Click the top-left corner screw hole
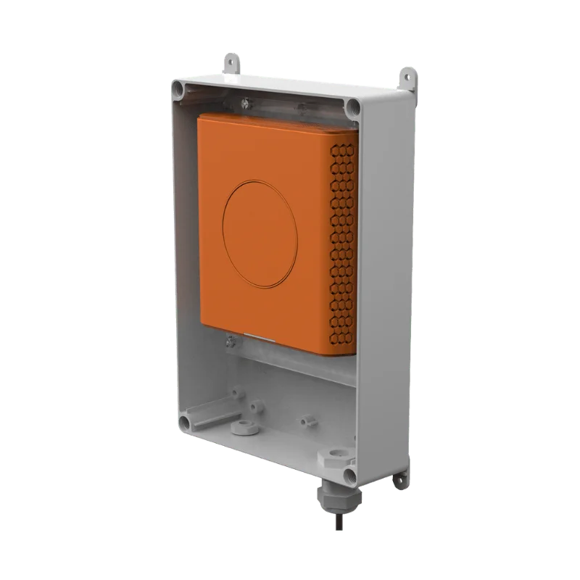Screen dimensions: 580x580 [177, 90]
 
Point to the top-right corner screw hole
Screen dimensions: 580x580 [353, 107]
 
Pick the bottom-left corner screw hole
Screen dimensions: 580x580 [183, 421]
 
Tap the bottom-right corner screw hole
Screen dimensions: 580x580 [351, 475]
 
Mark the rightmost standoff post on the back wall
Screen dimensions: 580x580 [305, 418]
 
